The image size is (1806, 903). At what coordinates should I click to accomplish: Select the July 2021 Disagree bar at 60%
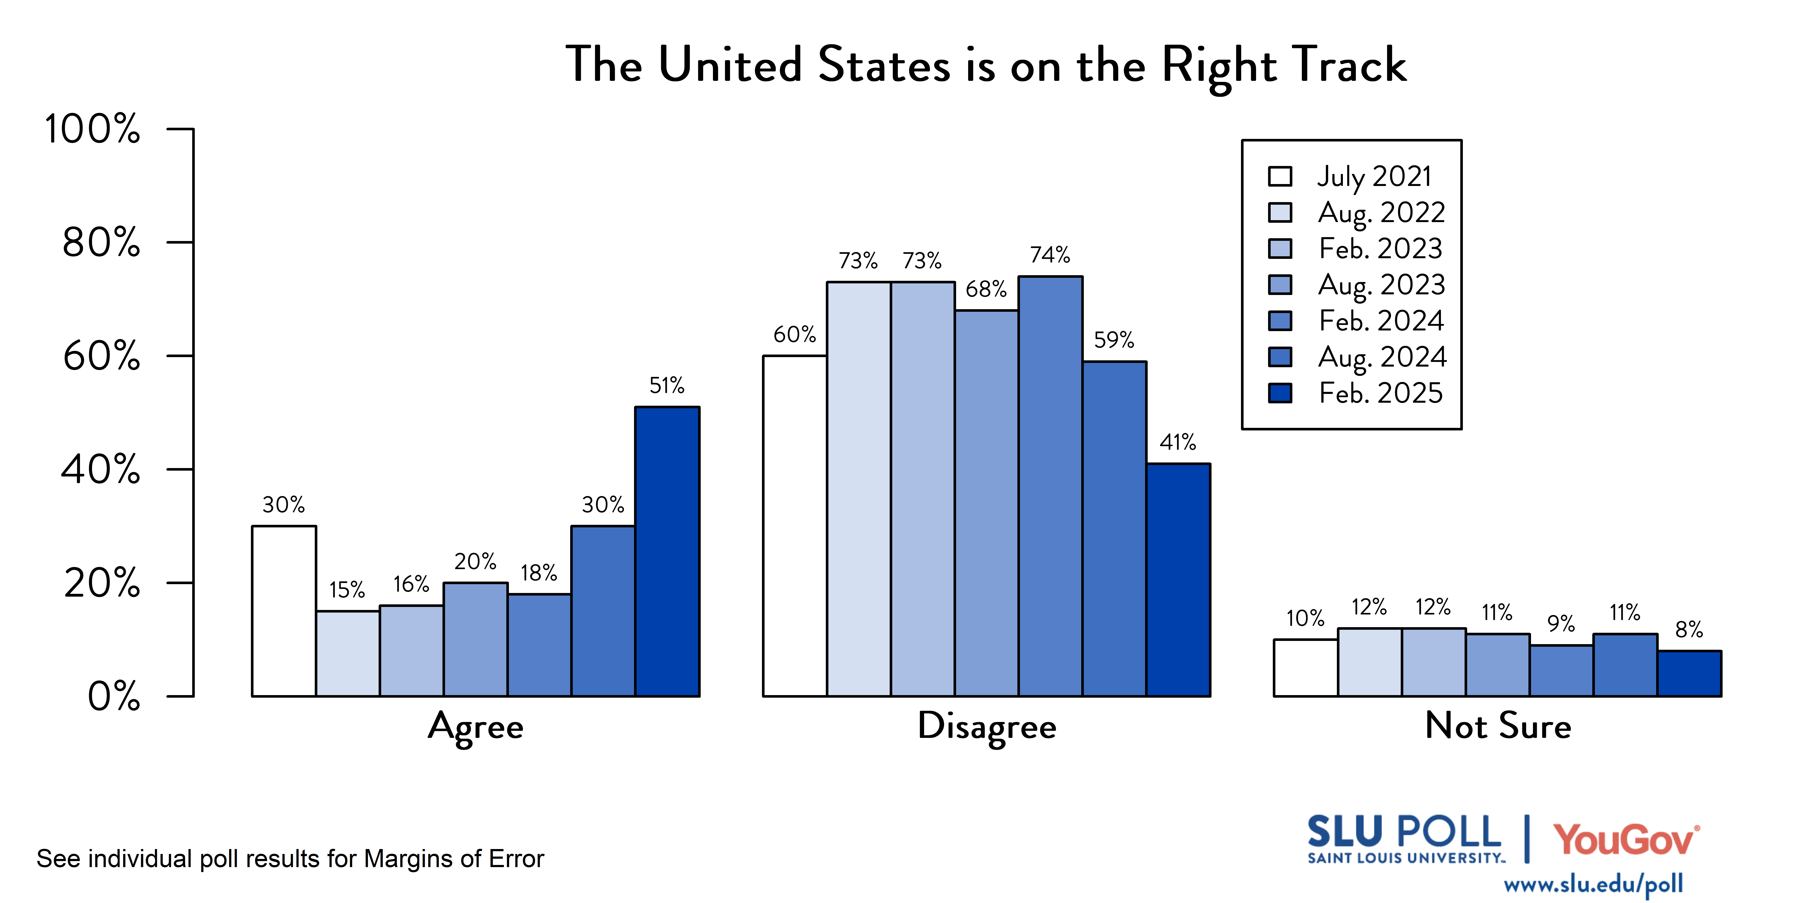click(x=794, y=526)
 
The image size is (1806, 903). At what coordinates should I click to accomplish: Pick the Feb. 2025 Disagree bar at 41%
click(x=1178, y=580)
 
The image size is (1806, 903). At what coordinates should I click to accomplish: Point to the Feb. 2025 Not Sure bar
click(x=1689, y=674)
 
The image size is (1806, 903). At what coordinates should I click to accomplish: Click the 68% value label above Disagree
click(x=986, y=289)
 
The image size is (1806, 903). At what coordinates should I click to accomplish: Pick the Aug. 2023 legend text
click(x=1381, y=285)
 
